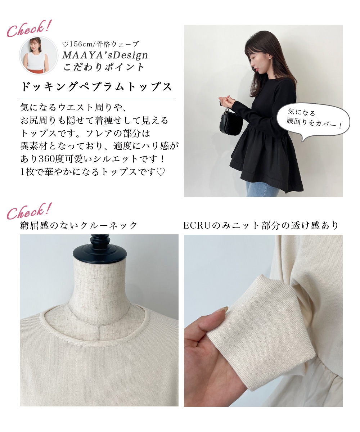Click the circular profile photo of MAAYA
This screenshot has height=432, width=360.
click(x=39, y=55)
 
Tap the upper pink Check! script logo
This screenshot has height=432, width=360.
click(x=29, y=29)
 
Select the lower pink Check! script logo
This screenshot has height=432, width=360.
click(x=29, y=211)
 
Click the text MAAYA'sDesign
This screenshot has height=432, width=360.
click(x=105, y=55)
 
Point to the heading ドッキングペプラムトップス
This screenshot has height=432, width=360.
click(x=96, y=87)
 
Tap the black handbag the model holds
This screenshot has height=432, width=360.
click(x=231, y=121)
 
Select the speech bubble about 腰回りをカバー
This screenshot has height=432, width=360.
click(x=313, y=121)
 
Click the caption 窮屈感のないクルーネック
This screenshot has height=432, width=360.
click(x=78, y=225)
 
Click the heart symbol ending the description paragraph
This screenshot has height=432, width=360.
click(x=161, y=172)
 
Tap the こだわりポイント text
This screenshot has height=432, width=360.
click(x=103, y=67)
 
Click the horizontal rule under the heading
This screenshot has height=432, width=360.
click(x=96, y=98)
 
